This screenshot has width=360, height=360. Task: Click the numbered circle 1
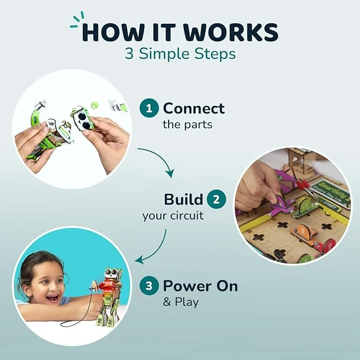[x=149, y=108]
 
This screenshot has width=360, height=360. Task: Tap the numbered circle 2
[x=216, y=199]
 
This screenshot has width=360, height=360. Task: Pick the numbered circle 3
[x=149, y=286]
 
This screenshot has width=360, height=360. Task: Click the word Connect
[x=194, y=108]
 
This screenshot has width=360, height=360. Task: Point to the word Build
[x=183, y=199]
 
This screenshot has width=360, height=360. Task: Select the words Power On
[x=200, y=286]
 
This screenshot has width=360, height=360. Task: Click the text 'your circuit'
[x=173, y=216]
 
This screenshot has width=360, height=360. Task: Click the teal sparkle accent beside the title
[x=77, y=21]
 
